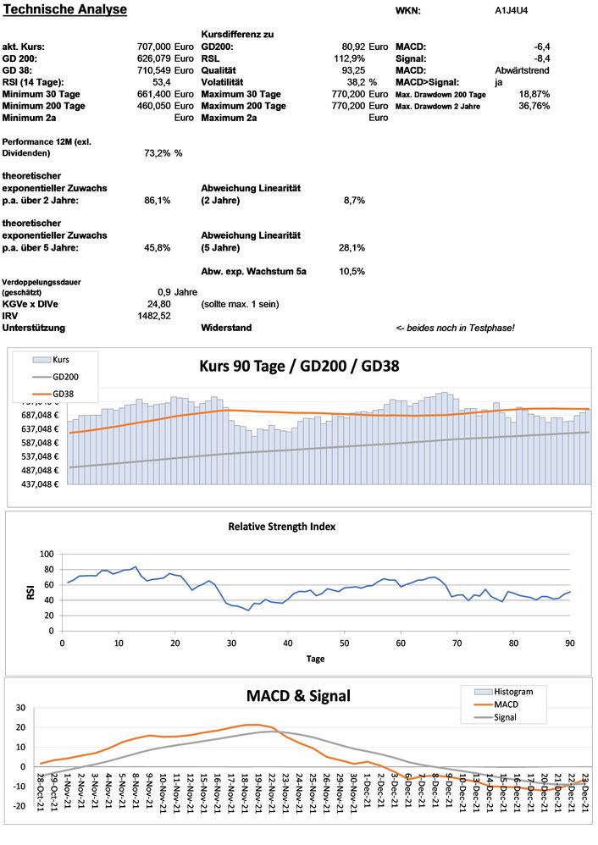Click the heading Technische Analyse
pyautogui.click(x=64, y=9)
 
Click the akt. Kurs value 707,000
pyautogui.click(x=153, y=47)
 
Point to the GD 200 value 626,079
pyautogui.click(x=153, y=58)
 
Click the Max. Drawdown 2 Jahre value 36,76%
pyautogui.click(x=534, y=106)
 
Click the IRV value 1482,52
pyautogui.click(x=154, y=315)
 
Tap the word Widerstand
pyautogui.click(x=226, y=327)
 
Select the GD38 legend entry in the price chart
pyautogui.click(x=64, y=394)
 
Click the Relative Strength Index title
pyautogui.click(x=281, y=526)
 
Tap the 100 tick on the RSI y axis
pyautogui.click(x=47, y=554)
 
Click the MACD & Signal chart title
pyautogui.click(x=298, y=695)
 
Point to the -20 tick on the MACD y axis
pyautogui.click(x=17, y=806)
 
